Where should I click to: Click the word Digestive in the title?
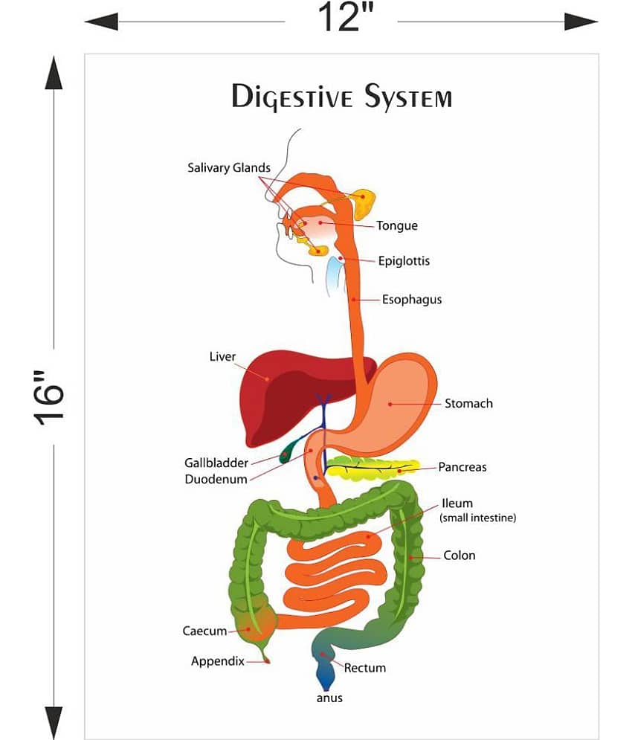point(292,97)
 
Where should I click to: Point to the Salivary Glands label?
point(228,168)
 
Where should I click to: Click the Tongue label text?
point(396,226)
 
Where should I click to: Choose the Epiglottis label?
point(404,261)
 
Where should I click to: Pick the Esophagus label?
point(412,300)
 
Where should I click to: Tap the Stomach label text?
point(468,404)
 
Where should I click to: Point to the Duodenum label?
point(216,480)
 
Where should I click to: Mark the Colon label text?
point(459,556)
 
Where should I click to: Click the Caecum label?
point(204,631)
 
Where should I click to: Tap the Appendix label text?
point(217,661)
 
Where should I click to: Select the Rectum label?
point(364,668)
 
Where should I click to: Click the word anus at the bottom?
point(329,698)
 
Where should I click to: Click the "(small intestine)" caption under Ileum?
point(477,518)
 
